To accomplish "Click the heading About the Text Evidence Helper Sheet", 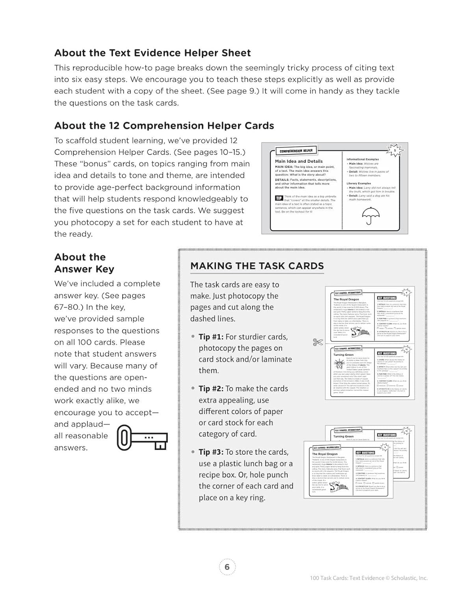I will tap(152, 53).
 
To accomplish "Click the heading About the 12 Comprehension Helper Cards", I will tap(164, 126).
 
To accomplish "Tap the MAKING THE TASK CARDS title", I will tap(257, 266).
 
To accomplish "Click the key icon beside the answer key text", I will tap(142, 438).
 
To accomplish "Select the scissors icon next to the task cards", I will tap(318, 342).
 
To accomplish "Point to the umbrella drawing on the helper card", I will tap(370, 215).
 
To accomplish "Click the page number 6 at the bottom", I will tap(227, 567).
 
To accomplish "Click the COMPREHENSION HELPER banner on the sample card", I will tap(296, 151).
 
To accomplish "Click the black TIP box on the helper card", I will tap(279, 198).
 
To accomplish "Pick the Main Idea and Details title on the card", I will tap(299, 161).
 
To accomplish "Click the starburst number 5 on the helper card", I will tap(395, 150).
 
